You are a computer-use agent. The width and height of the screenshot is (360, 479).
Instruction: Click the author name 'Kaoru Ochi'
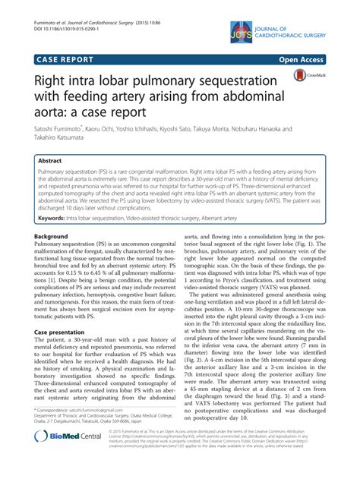point(118,131)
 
